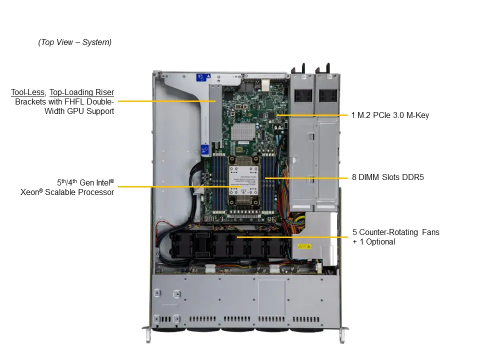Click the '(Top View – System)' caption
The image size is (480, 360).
coord(75,42)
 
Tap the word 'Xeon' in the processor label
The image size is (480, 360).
coord(31,192)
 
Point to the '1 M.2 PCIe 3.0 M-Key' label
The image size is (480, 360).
coord(389,115)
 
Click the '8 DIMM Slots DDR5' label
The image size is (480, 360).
coord(387,177)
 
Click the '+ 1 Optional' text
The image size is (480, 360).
coord(373,242)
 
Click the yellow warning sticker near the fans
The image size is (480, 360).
coord(304,246)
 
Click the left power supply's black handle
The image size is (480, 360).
coord(303,68)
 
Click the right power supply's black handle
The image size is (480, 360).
coord(327,68)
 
